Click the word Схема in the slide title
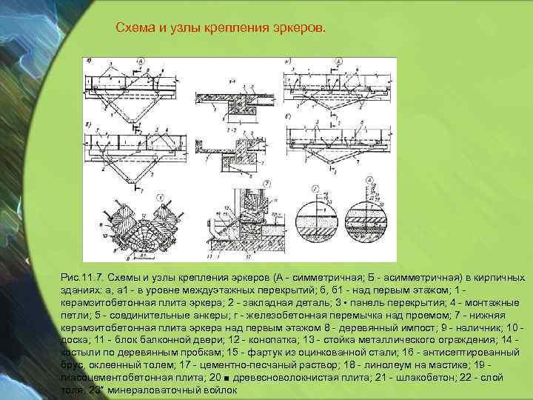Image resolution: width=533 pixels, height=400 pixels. (136, 28)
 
